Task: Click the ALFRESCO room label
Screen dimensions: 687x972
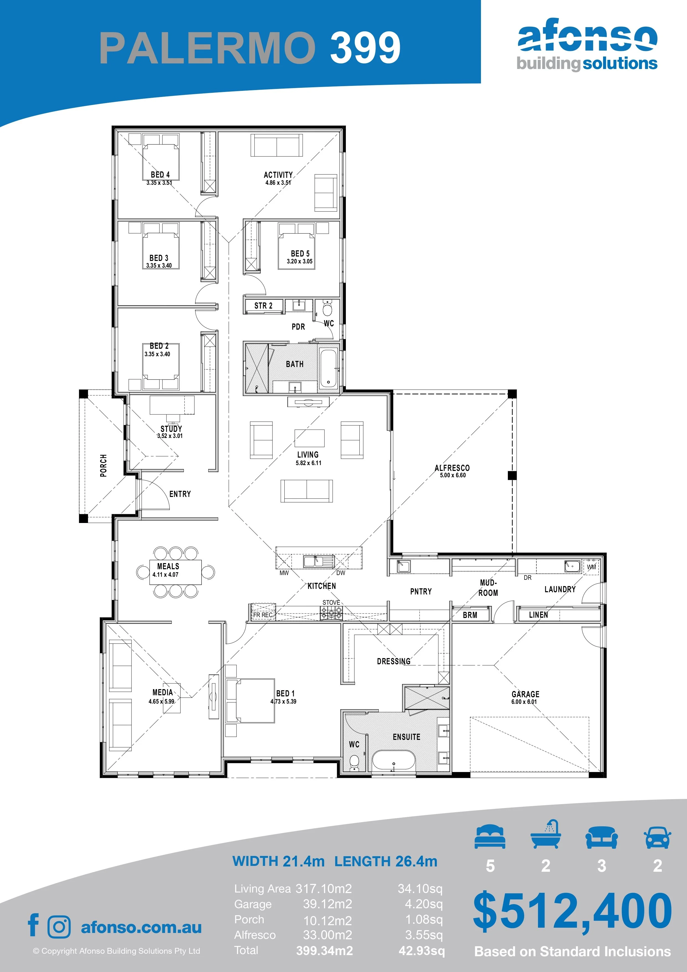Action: point(452,468)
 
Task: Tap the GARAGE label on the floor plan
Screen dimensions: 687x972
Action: point(525,694)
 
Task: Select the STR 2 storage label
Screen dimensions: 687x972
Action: point(263,306)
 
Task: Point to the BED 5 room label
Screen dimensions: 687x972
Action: point(300,253)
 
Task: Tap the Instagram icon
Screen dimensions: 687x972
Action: point(59,927)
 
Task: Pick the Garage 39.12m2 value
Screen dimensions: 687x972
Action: point(328,904)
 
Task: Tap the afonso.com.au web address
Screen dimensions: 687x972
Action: point(141,927)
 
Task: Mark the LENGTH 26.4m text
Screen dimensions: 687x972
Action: point(386,861)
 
